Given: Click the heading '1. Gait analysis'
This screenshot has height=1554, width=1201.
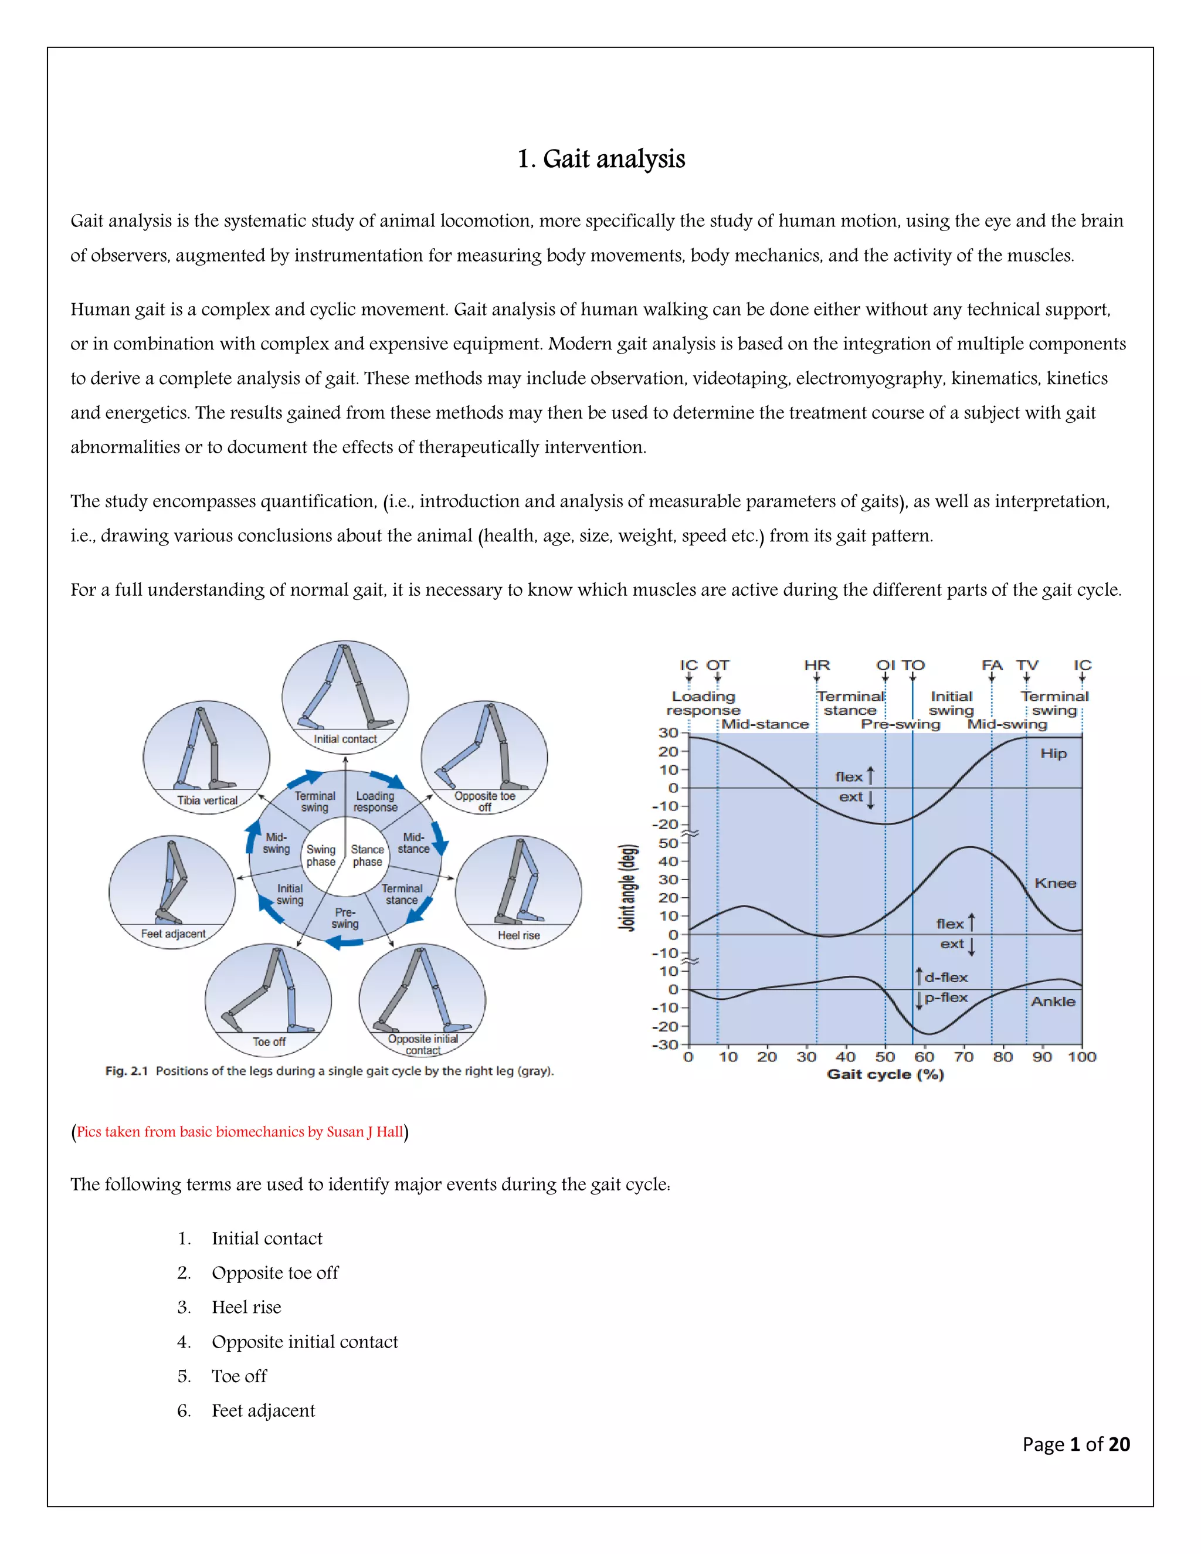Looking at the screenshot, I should (x=600, y=159).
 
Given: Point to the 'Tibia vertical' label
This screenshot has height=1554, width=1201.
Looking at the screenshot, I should (x=207, y=800).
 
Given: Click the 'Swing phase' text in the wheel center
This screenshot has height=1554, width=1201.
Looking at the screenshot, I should (x=321, y=855).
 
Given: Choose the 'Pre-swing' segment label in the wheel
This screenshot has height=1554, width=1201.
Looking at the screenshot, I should (x=345, y=918).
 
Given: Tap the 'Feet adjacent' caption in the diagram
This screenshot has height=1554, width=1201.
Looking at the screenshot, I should (x=173, y=934).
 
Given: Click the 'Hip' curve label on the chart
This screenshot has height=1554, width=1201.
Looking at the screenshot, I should (x=1053, y=754).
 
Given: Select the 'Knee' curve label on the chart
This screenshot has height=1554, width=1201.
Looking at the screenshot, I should (x=1054, y=883).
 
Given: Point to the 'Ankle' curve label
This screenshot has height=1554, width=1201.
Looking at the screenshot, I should (x=1053, y=1001).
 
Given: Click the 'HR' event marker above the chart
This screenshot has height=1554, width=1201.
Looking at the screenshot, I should (x=817, y=666).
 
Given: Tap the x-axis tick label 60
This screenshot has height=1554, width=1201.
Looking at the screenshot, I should (x=924, y=1057).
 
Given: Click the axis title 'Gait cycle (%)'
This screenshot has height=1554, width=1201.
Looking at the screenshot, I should (x=885, y=1074).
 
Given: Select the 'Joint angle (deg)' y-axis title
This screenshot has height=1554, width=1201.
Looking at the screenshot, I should (x=627, y=887).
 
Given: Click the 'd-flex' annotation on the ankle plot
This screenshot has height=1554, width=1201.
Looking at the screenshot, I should (x=945, y=978).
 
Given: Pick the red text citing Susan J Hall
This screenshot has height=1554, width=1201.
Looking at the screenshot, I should (x=240, y=1131).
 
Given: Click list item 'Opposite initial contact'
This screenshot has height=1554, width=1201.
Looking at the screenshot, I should (x=304, y=1341).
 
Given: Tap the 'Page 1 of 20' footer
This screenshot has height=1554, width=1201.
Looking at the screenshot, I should (x=1076, y=1444).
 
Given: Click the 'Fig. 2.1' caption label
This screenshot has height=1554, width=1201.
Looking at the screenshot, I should (x=126, y=1071).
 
